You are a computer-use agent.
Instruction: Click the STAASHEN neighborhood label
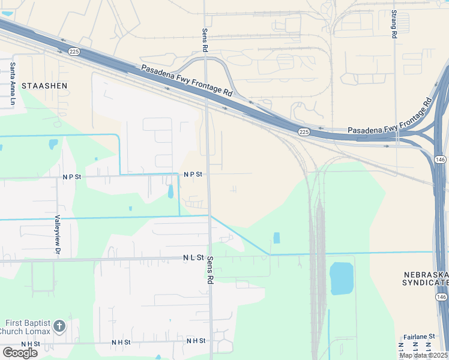point(44,86)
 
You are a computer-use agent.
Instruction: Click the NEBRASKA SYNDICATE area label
point(426,278)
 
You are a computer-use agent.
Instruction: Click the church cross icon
point(59,326)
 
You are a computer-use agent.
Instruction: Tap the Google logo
point(19,353)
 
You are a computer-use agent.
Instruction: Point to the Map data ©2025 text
point(423,355)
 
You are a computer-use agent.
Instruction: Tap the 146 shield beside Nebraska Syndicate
point(441,296)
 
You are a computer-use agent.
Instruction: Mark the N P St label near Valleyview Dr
point(71,177)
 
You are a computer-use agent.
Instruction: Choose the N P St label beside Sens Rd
point(193,174)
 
